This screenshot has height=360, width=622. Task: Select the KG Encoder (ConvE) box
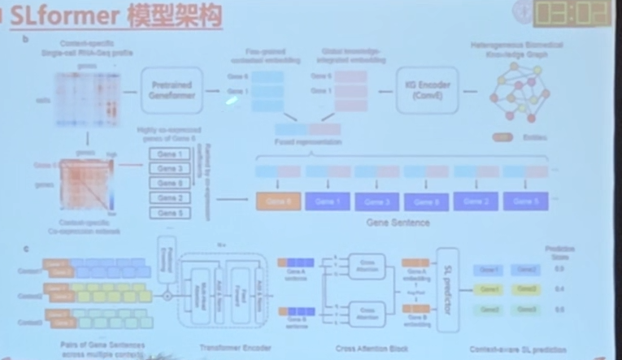point(428,90)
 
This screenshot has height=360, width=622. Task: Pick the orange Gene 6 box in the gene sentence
point(279,200)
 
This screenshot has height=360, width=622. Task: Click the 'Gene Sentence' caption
point(398,221)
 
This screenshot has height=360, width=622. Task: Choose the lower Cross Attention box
point(367,312)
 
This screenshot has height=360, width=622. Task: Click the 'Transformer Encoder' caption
point(226,348)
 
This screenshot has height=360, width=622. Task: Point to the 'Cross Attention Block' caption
point(364,348)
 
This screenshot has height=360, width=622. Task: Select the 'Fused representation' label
point(308,142)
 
